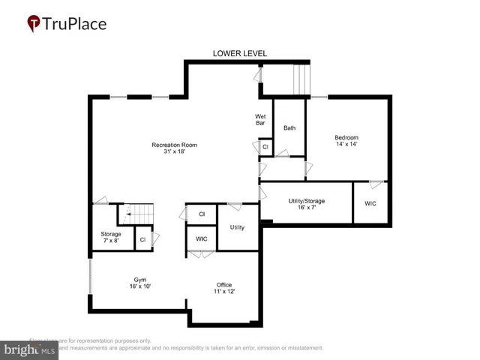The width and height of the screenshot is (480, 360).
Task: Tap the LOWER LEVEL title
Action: point(240,53)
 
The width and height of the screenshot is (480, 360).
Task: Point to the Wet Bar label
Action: point(260,120)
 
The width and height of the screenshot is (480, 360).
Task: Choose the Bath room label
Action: point(289,128)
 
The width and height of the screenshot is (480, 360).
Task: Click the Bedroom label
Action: point(346,137)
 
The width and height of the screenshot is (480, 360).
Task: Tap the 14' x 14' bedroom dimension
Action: point(346,145)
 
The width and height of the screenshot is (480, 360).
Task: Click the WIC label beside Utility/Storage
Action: point(371,204)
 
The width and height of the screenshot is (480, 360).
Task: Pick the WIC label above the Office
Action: point(201,238)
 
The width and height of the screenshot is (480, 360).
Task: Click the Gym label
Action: point(139,279)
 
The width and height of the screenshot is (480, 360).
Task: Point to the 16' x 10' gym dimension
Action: point(139,286)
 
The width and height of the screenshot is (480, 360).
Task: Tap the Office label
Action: point(224,284)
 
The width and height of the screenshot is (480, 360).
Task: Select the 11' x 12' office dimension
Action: point(224,292)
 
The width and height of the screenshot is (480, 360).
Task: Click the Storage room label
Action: point(110,233)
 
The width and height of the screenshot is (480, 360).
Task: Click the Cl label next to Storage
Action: point(142,240)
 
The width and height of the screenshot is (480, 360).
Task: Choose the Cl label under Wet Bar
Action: point(265,147)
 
